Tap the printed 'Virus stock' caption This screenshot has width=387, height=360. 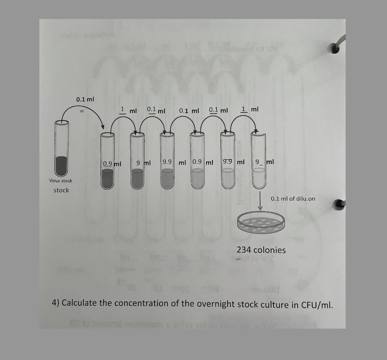[61, 181]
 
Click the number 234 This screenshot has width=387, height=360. [244, 250]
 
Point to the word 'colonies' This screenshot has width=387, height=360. [270, 250]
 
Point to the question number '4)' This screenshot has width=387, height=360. [56, 302]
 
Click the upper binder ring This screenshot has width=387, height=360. [336, 48]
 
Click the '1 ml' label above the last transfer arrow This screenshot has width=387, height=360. [250, 110]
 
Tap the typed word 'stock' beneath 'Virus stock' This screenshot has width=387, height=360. [61, 190]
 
